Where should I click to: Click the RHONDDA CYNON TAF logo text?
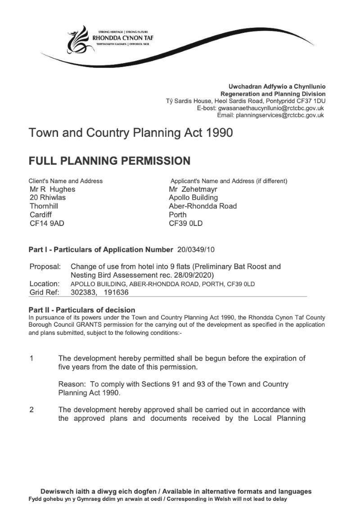pyautogui.click(x=122, y=38)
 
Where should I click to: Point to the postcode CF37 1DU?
pyautogui.click(x=313, y=102)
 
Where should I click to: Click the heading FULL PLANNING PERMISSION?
pyautogui.click(x=109, y=161)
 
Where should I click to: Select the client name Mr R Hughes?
pyautogui.click(x=52, y=189)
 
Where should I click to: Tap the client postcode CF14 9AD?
pyautogui.click(x=47, y=223)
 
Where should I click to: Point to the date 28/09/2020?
pyautogui.click(x=192, y=274)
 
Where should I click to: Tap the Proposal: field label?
pyautogui.click(x=45, y=266)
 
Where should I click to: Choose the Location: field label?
pyautogui.click(x=45, y=283)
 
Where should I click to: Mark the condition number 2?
pyautogui.click(x=31, y=409)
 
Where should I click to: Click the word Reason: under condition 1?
pyautogui.click(x=72, y=384)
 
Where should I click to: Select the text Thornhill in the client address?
pyautogui.click(x=44, y=206)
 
